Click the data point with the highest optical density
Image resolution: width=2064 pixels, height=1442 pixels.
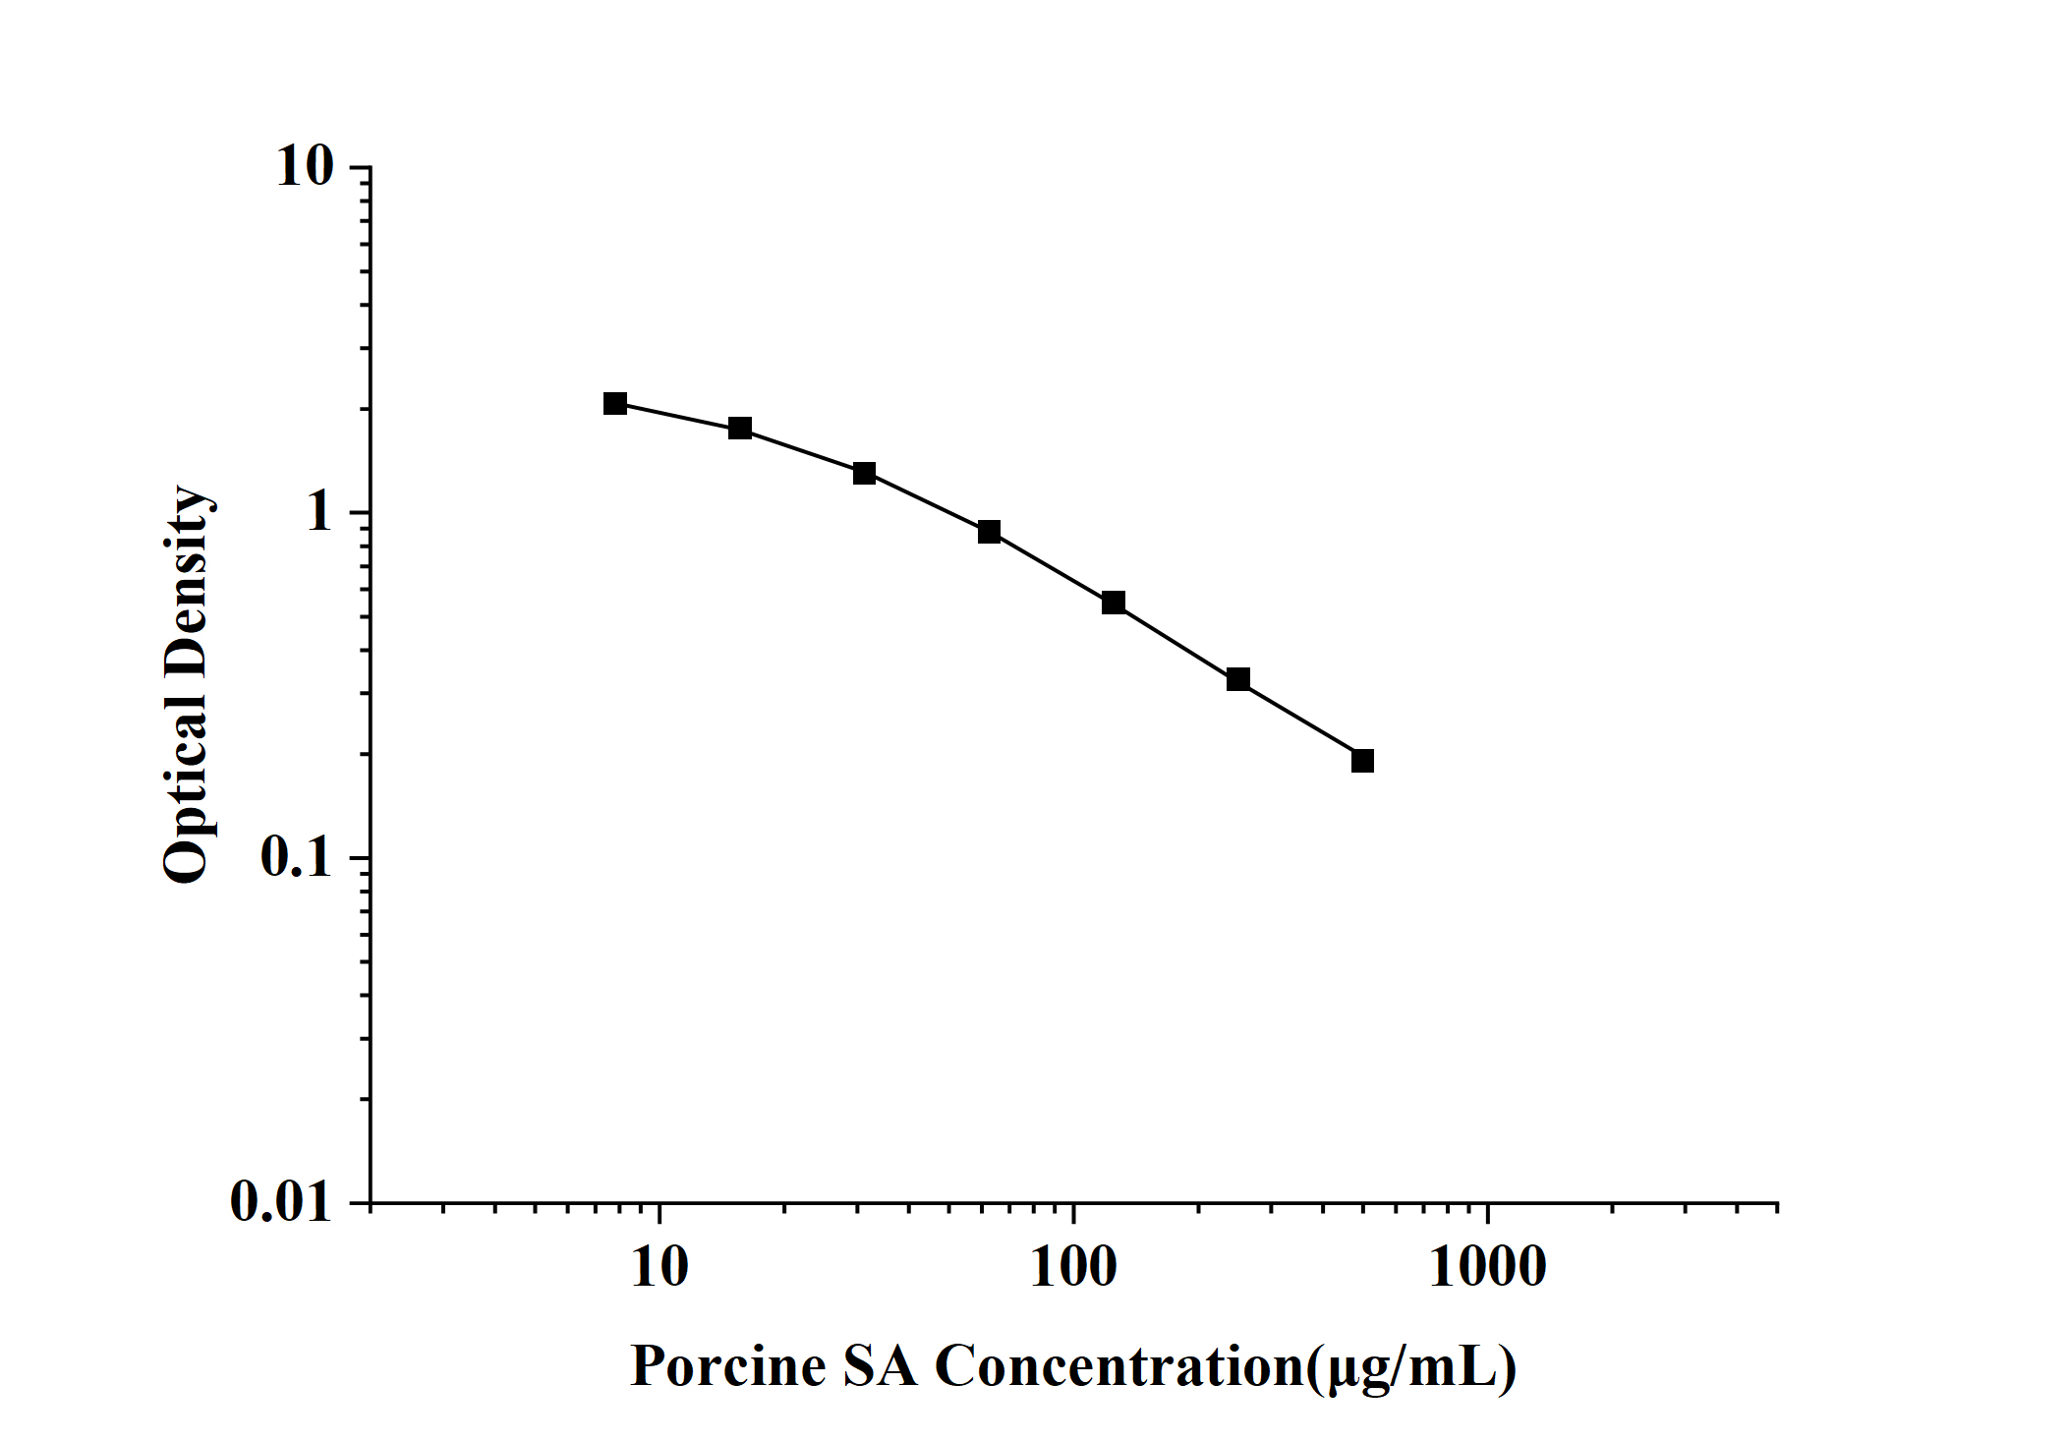tap(615, 403)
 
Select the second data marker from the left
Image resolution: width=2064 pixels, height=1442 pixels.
tap(740, 429)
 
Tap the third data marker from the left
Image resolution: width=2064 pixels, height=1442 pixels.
tap(864, 474)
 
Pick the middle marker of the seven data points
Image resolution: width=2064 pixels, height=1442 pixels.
tap(989, 532)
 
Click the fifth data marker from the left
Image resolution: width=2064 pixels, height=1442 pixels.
tap(1114, 603)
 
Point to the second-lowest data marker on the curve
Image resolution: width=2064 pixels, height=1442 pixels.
tap(1238, 679)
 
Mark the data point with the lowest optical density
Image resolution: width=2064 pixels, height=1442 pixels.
tap(1362, 761)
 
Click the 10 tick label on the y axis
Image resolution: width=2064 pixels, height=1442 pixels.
tap(306, 167)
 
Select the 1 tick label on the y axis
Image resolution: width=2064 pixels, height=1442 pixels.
tap(319, 513)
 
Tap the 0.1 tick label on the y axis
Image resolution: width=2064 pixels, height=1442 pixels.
tap(296, 857)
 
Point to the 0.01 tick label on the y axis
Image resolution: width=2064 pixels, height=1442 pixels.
tap(282, 1201)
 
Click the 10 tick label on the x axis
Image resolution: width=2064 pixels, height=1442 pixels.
tap(659, 1267)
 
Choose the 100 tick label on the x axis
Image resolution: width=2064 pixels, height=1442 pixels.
tap(1073, 1267)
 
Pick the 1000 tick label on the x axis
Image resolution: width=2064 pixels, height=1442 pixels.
tap(1487, 1267)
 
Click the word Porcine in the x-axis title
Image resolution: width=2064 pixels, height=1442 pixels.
tap(727, 1366)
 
